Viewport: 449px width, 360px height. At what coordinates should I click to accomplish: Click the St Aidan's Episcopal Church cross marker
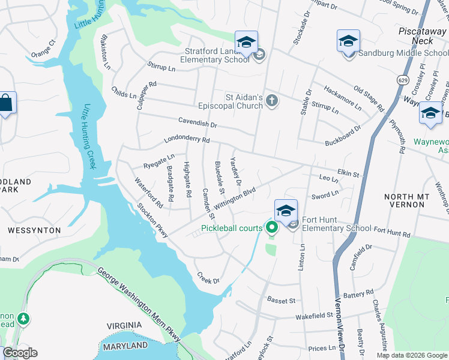coord(272,100)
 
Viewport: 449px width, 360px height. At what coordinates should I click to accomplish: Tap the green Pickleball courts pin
coord(271,227)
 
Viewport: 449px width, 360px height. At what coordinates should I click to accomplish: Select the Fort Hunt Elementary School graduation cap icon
coord(286,211)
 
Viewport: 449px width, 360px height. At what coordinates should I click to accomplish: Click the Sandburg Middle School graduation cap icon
coord(348,41)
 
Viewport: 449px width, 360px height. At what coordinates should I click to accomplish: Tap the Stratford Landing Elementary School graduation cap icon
coord(246,43)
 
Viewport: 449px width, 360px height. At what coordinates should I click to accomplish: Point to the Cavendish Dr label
coord(196,123)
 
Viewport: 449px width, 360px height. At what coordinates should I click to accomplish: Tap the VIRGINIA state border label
coord(124,325)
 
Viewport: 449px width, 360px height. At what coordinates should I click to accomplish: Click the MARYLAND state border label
coord(125,346)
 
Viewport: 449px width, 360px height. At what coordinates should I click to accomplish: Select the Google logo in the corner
coord(20,353)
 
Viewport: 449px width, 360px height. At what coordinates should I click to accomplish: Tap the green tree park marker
coord(23,319)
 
